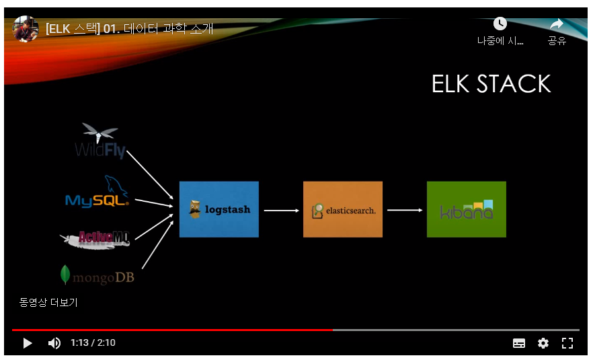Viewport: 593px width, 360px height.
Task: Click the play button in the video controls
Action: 28,343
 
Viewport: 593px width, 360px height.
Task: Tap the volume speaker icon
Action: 54,343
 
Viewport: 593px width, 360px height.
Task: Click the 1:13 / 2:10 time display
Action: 93,343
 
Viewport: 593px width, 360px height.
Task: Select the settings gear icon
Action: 543,343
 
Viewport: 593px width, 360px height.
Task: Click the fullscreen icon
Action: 567,343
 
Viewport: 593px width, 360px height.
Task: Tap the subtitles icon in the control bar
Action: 519,343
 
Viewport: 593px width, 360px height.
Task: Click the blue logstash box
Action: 219,209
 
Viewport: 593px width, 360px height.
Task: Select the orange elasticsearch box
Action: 342,209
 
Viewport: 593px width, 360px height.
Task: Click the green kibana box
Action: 466,209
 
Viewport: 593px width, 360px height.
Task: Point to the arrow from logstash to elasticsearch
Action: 281,211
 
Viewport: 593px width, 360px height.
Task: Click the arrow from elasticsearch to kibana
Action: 405,210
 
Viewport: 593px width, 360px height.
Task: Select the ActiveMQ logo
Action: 95,238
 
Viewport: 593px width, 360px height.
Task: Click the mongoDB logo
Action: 97,275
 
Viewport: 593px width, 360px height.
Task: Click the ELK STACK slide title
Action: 491,84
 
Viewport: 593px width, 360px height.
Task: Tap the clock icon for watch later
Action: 500,24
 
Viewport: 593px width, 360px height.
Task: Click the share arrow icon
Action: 557,24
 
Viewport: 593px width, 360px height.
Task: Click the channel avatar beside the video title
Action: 26,28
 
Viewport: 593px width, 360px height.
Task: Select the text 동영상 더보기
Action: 48,303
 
